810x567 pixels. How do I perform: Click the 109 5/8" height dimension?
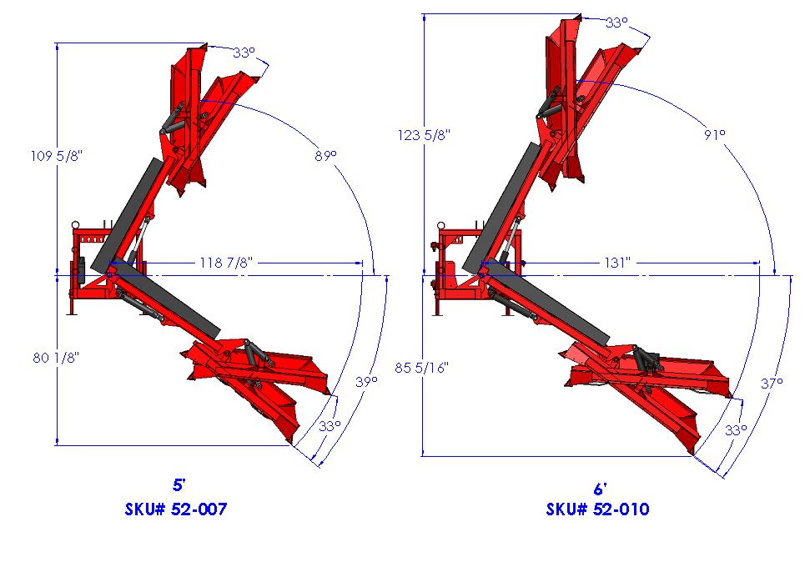[56, 155]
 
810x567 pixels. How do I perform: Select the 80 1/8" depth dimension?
[56, 358]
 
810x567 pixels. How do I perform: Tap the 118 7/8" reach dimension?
[226, 263]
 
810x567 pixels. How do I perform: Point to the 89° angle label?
[325, 155]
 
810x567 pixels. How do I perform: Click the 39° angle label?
[366, 382]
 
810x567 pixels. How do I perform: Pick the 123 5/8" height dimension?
[424, 135]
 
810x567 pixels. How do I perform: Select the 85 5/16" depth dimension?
[421, 368]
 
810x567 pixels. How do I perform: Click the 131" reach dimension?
[617, 263]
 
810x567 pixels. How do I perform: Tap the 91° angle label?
[714, 135]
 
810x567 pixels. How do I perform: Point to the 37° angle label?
[772, 384]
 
